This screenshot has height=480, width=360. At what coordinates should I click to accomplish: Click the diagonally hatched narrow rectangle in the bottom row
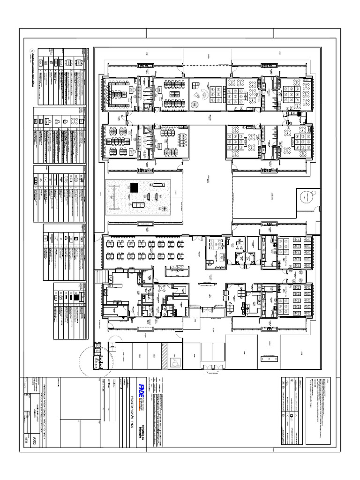click(x=165, y=357)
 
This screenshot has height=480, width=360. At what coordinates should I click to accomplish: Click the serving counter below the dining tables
click(x=177, y=271)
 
